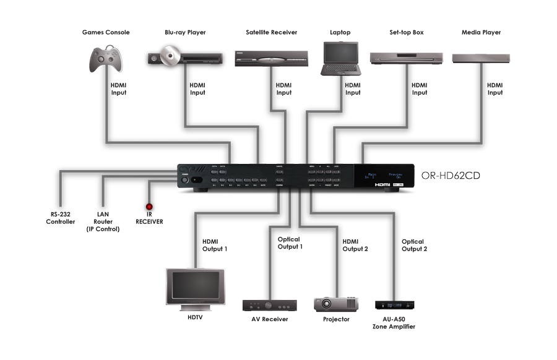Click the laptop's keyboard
[x=340, y=69]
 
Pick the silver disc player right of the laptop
[x=406, y=58]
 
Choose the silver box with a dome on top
[x=481, y=58]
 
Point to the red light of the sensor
[x=149, y=208]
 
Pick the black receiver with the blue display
[x=394, y=305]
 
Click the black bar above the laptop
[x=340, y=32]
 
